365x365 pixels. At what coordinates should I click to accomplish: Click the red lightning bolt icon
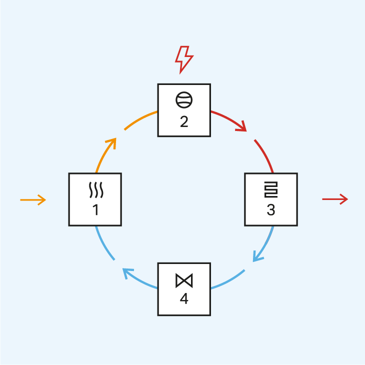tap(183, 59)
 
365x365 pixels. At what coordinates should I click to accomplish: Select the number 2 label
tap(184, 121)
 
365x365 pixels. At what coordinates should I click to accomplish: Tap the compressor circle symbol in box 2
tap(184, 100)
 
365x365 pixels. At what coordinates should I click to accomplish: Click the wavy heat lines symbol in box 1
tap(95, 190)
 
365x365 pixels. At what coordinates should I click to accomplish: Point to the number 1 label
tap(95, 210)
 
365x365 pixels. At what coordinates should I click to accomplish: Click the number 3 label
tap(270, 210)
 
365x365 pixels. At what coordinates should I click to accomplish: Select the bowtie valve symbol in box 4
tap(184, 280)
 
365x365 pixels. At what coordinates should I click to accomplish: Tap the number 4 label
tap(184, 299)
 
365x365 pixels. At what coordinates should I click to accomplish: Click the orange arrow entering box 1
tap(33, 200)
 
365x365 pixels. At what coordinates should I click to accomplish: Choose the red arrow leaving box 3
tap(334, 199)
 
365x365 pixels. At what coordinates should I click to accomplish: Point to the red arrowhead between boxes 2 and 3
tap(242, 127)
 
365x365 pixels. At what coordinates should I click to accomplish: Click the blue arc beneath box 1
tap(103, 244)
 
